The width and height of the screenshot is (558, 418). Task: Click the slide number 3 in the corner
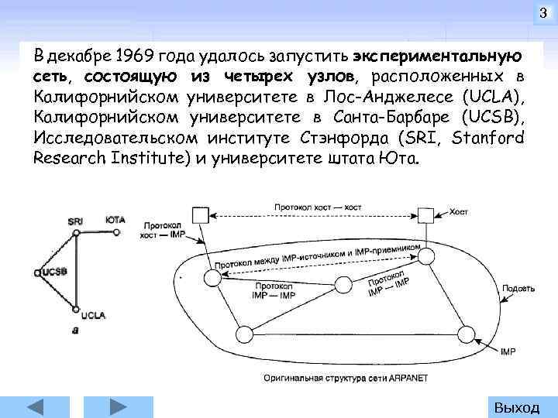pos(543,12)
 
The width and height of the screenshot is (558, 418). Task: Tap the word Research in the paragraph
pos(67,159)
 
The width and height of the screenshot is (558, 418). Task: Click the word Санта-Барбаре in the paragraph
pos(391,118)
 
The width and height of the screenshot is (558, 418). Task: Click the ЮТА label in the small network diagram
pos(115,221)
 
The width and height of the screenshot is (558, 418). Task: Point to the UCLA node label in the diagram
pos(93,315)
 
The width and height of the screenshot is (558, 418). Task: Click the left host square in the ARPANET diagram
pos(201,214)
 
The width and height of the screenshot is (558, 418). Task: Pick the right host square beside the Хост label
pos(425,214)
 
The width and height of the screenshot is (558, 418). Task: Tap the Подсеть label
pos(518,289)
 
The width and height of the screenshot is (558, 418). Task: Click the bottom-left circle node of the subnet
pos(245,334)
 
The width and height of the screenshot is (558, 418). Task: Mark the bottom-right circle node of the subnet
pos(466,334)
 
